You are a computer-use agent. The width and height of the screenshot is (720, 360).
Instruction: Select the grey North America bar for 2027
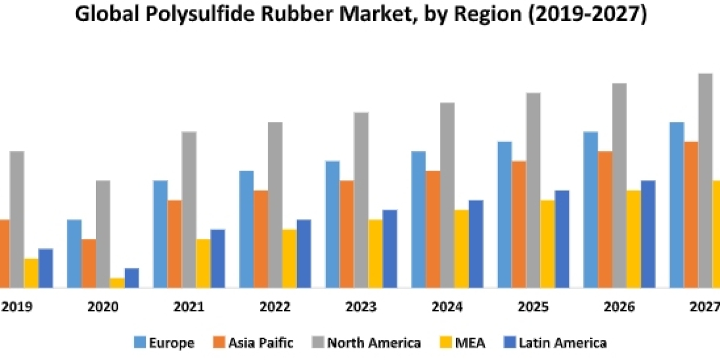point(705,180)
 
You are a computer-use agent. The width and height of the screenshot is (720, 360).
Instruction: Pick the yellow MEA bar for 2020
point(118,283)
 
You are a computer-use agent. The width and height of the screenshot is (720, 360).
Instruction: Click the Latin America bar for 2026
point(648,234)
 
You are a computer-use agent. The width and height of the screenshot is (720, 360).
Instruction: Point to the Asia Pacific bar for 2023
point(347,234)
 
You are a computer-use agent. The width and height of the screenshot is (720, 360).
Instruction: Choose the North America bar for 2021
point(189,209)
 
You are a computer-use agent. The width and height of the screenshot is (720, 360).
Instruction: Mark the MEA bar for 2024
point(461,248)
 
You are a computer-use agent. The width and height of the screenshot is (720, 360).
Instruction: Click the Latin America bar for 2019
point(46,268)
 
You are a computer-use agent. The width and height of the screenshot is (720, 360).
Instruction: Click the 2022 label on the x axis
point(275,307)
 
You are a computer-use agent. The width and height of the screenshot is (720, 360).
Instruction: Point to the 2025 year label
point(533,307)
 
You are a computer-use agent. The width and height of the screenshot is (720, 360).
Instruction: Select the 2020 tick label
point(103,307)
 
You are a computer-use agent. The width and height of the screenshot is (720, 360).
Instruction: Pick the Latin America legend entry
point(562,343)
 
